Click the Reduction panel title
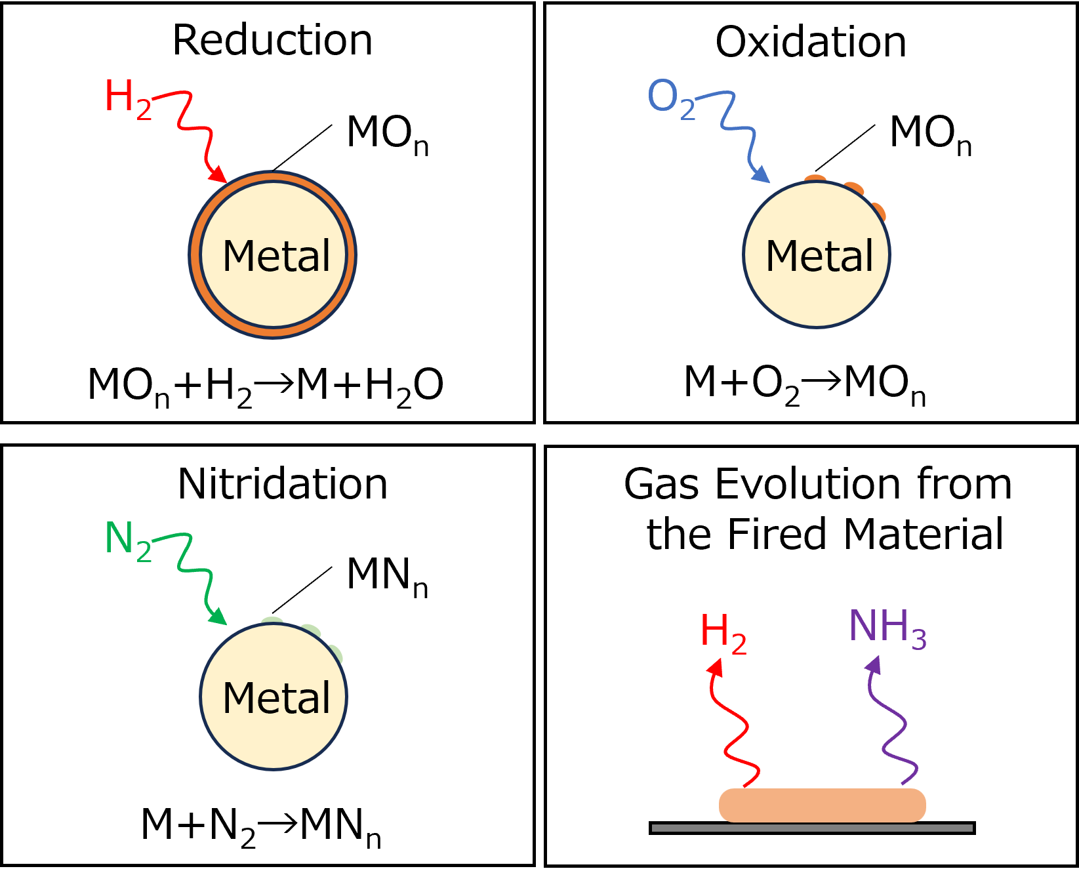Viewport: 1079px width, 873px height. pyautogui.click(x=272, y=40)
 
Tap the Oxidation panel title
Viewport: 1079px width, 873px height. pyautogui.click(x=811, y=42)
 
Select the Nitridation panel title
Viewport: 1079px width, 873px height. pyautogui.click(x=283, y=484)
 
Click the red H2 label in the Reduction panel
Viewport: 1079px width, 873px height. pyautogui.click(x=127, y=98)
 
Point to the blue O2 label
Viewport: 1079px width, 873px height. pyautogui.click(x=670, y=98)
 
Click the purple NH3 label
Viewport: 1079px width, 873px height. pyautogui.click(x=887, y=628)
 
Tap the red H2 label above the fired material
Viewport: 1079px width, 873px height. pyautogui.click(x=723, y=633)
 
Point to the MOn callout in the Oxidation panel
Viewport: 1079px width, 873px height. pyautogui.click(x=929, y=134)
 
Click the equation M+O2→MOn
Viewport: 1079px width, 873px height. pyautogui.click(x=804, y=384)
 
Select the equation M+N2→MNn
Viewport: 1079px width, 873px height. pyautogui.click(x=260, y=826)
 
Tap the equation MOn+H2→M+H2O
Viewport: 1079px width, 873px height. pyautogui.click(x=265, y=386)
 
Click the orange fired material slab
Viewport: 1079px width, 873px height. pyautogui.click(x=822, y=805)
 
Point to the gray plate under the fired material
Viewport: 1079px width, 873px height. pyautogui.click(x=811, y=828)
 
